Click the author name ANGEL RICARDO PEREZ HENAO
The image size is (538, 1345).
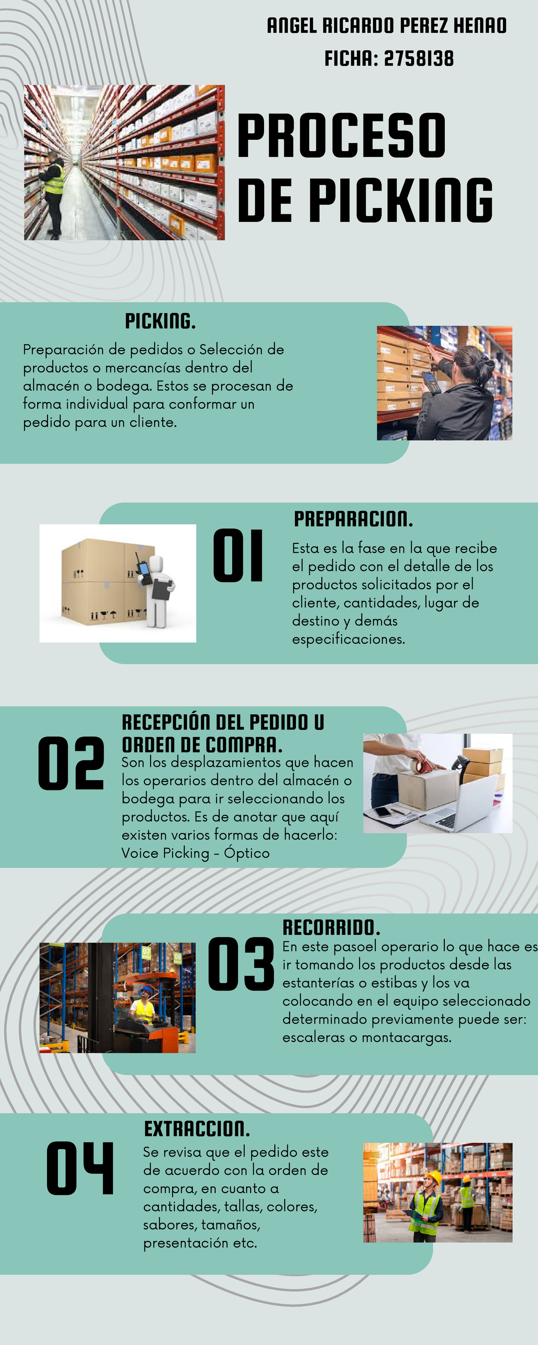click(x=386, y=26)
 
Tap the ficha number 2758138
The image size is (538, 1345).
click(x=418, y=58)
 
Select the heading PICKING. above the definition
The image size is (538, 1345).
click(x=161, y=321)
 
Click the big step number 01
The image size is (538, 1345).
click(x=238, y=555)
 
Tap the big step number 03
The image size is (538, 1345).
click(x=241, y=964)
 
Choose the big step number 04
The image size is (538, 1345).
click(x=80, y=1168)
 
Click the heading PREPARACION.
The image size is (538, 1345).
click(x=353, y=519)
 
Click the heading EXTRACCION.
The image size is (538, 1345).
click(x=197, y=1129)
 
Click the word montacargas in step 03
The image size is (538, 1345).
click(x=406, y=1037)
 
